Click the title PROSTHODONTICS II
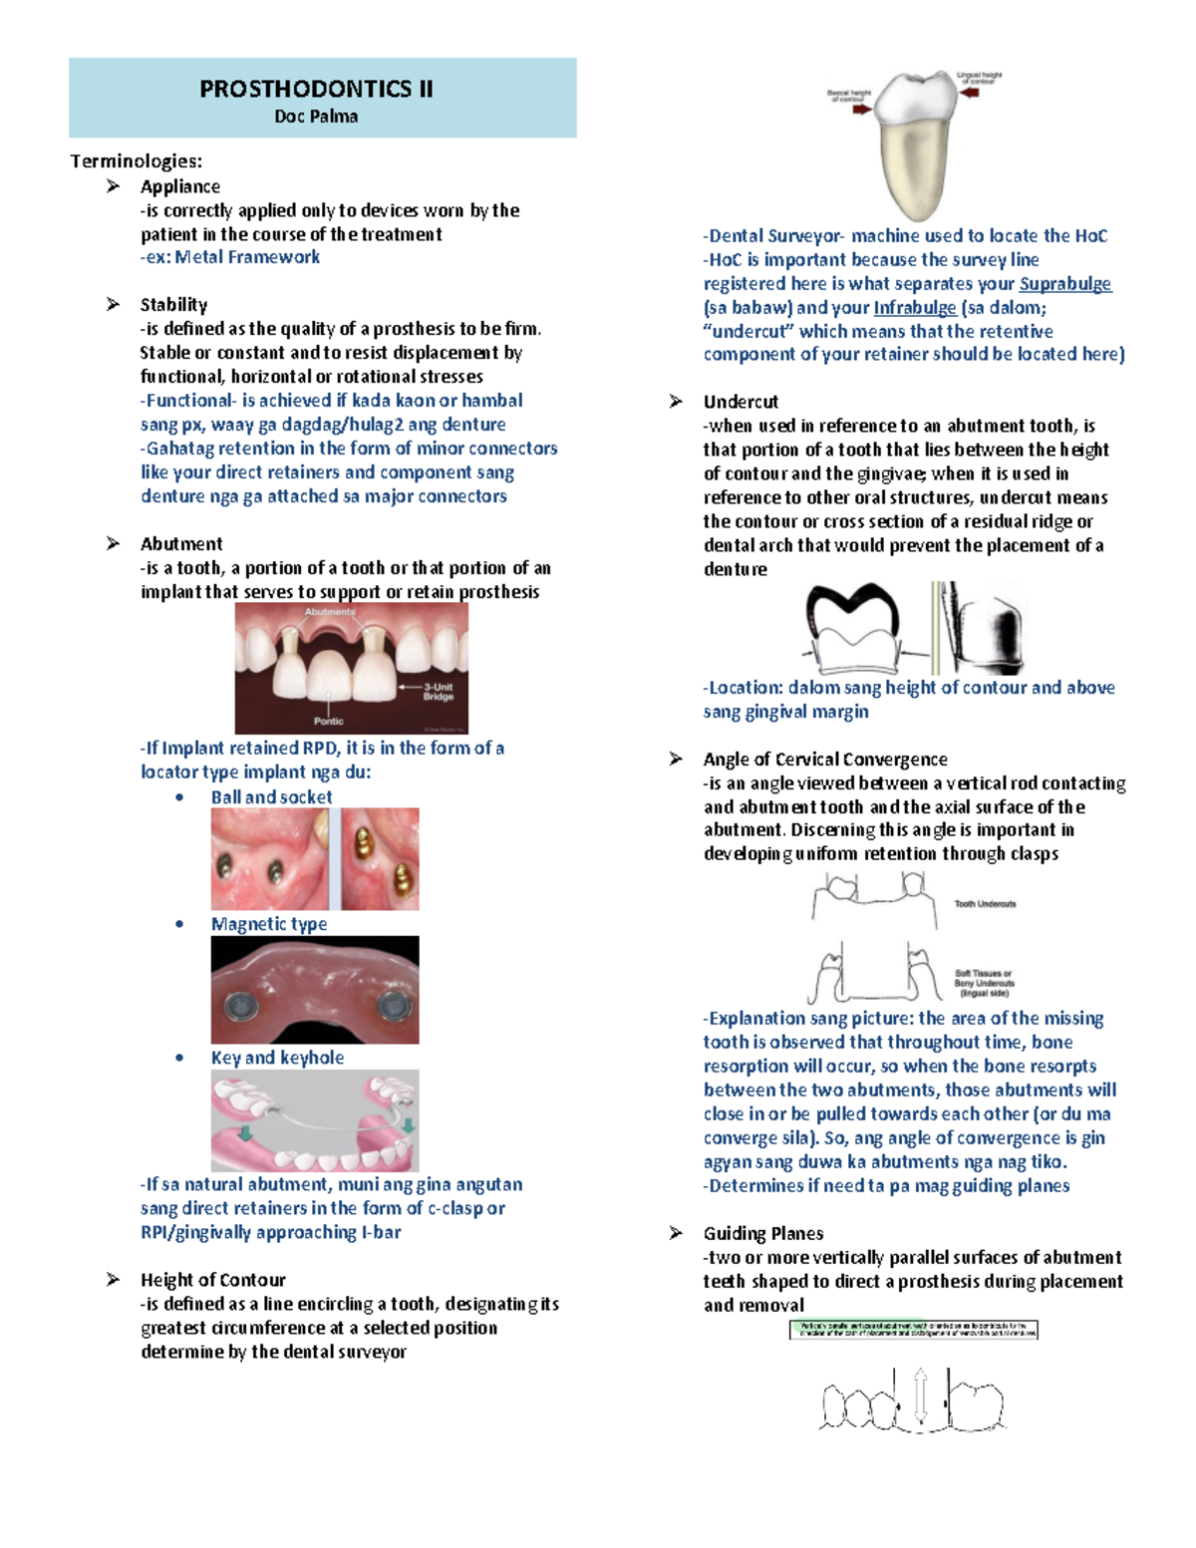pyautogui.click(x=316, y=89)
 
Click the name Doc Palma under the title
pyautogui.click(x=316, y=117)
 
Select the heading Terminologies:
pyautogui.click(x=136, y=161)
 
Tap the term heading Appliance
pyautogui.click(x=180, y=186)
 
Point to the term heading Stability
pyautogui.click(x=173, y=305)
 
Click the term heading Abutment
pyautogui.click(x=181, y=544)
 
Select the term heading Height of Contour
pyautogui.click(x=212, y=1280)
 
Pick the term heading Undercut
pyautogui.click(x=741, y=402)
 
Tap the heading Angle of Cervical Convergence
pyautogui.click(x=825, y=760)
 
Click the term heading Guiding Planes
pyautogui.click(x=763, y=1234)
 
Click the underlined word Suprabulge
pyautogui.click(x=1064, y=284)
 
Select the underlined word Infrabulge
pyautogui.click(x=915, y=308)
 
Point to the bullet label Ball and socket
pyautogui.click(x=271, y=797)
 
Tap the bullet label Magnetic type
pyautogui.click(x=269, y=924)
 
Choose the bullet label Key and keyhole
pyautogui.click(x=277, y=1058)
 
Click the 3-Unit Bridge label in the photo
pyautogui.click(x=439, y=691)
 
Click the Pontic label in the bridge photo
pyautogui.click(x=328, y=721)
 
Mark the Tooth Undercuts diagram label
pyautogui.click(x=985, y=904)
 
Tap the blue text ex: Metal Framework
pyautogui.click(x=230, y=257)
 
